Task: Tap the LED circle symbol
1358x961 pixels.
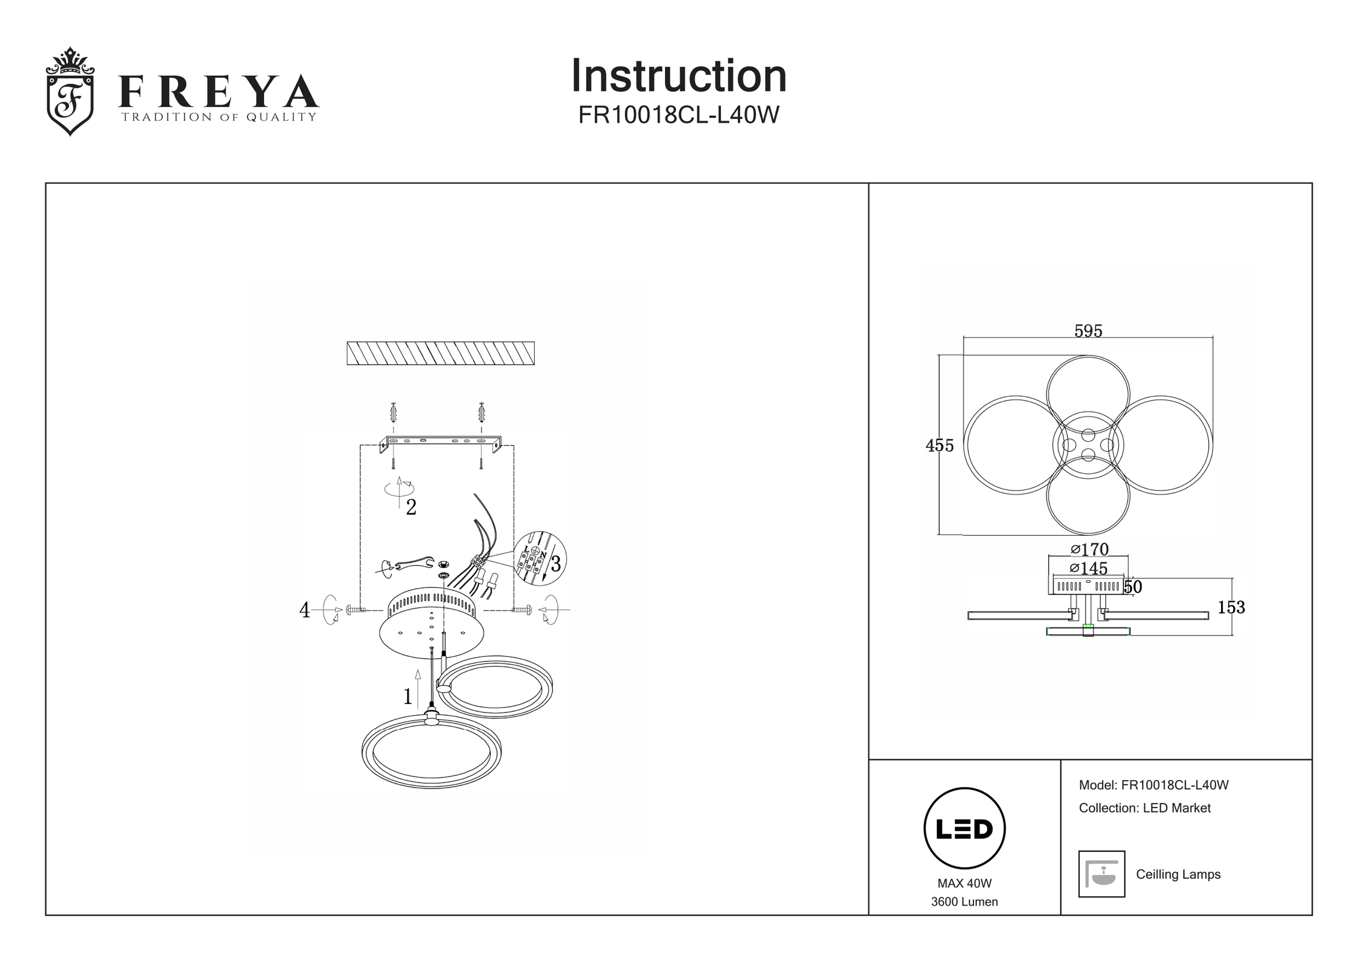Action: point(964,828)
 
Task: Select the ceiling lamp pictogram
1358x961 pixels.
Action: point(1101,874)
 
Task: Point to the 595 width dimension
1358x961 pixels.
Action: point(1088,331)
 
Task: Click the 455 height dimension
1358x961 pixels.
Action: point(939,446)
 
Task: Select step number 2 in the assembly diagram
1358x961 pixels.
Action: point(411,507)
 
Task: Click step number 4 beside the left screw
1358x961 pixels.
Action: point(305,610)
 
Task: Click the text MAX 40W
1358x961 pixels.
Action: point(964,883)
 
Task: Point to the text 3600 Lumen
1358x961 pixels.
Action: point(964,902)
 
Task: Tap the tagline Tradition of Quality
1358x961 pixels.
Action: point(219,117)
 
